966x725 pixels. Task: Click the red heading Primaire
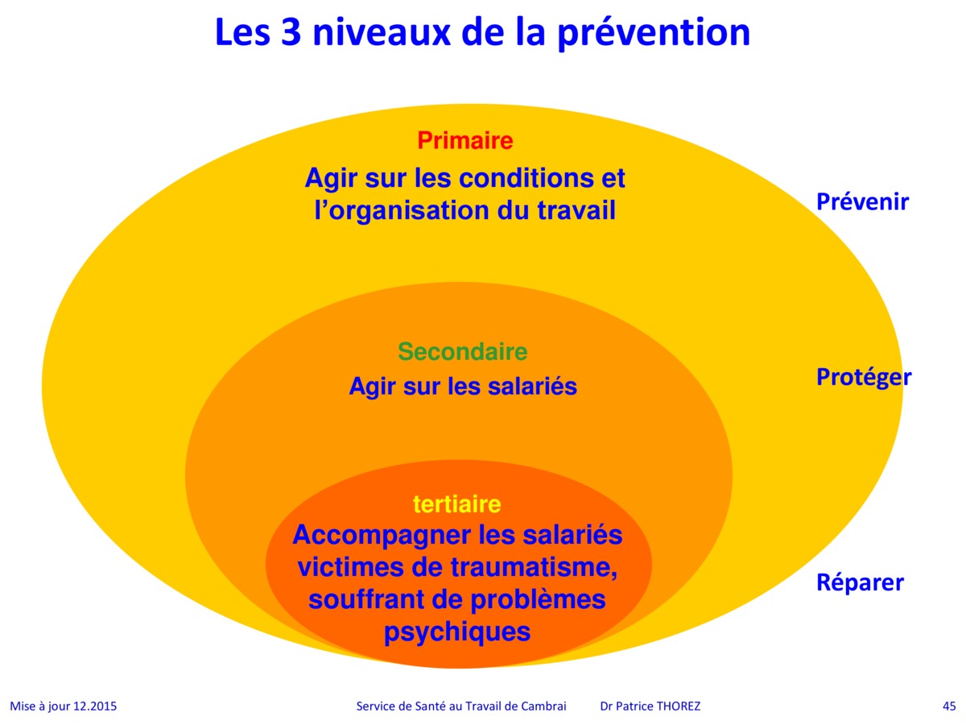click(x=464, y=141)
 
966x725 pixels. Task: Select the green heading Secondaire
click(x=463, y=351)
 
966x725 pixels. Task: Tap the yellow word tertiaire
click(x=456, y=504)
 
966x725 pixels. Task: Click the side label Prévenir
click(x=862, y=201)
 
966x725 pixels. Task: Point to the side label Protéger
click(x=864, y=377)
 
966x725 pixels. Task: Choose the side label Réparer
click(x=860, y=582)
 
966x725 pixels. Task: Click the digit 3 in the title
click(x=291, y=32)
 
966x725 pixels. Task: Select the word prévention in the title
click(x=654, y=34)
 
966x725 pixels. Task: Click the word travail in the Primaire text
click(x=576, y=210)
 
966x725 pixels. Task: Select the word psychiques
click(x=457, y=632)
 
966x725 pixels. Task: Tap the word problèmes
click(x=538, y=600)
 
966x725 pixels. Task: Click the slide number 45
click(x=949, y=706)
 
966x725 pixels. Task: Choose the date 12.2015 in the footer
click(x=95, y=706)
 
